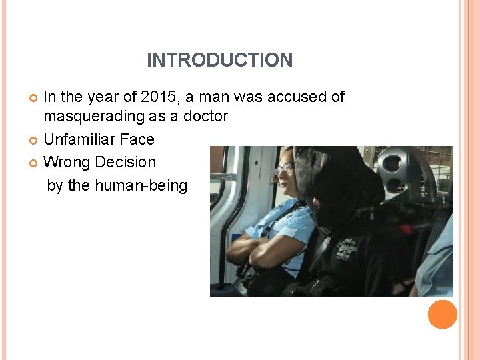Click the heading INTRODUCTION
click(x=219, y=60)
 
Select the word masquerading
click(x=91, y=117)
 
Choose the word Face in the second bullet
click(x=137, y=139)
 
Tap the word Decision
click(x=125, y=162)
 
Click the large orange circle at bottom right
click(x=442, y=314)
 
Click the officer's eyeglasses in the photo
click(x=284, y=169)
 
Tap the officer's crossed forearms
click(x=257, y=252)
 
